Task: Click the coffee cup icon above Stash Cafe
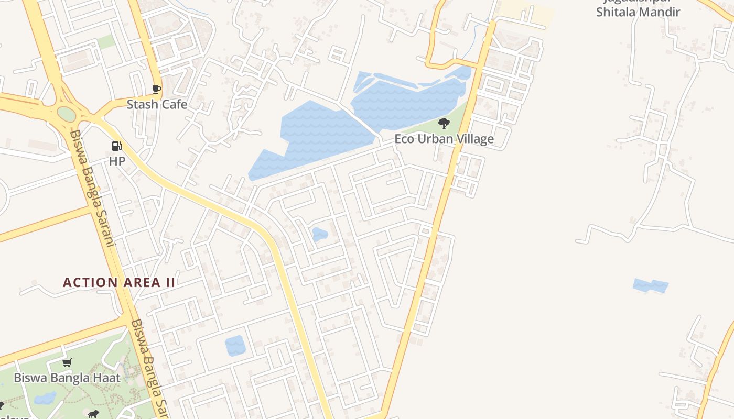[x=156, y=89]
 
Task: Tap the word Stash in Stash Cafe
[x=143, y=104]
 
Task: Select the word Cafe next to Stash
[x=174, y=104]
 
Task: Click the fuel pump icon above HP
[x=116, y=146]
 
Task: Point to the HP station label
[x=117, y=161]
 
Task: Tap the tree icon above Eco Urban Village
[x=444, y=124]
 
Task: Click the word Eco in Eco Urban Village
[x=404, y=139]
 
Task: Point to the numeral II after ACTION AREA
[x=170, y=282]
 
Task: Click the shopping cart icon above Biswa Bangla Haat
[x=67, y=362]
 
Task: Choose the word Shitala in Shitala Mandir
[x=614, y=12]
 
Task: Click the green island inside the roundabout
[x=67, y=114]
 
